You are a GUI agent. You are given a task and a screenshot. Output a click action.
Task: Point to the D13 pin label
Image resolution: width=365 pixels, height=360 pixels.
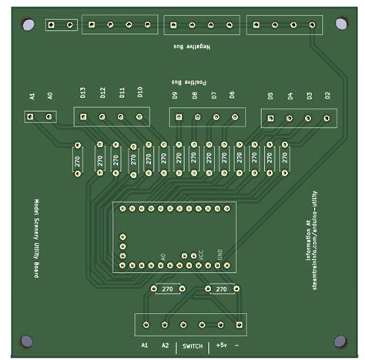pyautogui.click(x=83, y=94)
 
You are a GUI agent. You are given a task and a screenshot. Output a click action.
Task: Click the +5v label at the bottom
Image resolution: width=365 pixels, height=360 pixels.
pyautogui.click(x=222, y=346)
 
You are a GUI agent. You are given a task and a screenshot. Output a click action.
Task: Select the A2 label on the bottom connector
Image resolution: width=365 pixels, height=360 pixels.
pyautogui.click(x=165, y=346)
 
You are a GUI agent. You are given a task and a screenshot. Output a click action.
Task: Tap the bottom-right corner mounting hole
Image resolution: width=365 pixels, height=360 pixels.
pyautogui.click(x=340, y=341)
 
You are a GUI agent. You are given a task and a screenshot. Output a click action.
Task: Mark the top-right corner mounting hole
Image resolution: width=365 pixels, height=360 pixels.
pyautogui.click(x=340, y=24)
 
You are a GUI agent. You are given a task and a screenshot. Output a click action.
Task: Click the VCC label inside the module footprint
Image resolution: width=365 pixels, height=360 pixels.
pyautogui.click(x=203, y=254)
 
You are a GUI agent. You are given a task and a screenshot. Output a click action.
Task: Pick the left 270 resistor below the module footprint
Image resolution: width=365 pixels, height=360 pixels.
pyautogui.click(x=166, y=289)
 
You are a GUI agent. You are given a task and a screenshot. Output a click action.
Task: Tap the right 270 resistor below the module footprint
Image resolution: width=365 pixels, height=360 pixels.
pyautogui.click(x=221, y=289)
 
